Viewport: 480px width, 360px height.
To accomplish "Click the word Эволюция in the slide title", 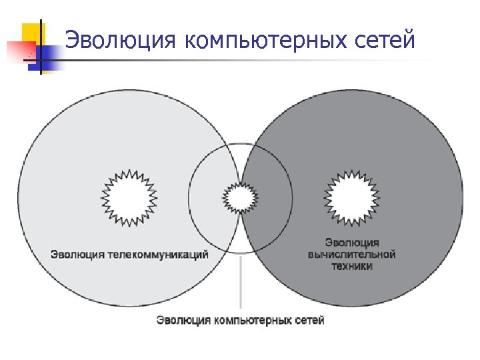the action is tap(121, 40).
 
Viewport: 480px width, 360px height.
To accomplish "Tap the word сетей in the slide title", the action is tap(387, 40).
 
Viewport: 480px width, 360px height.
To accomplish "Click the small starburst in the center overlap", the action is tap(240, 197).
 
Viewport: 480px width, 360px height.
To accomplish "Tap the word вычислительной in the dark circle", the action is tap(352, 254).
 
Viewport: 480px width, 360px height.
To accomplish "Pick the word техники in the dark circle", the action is tap(352, 266).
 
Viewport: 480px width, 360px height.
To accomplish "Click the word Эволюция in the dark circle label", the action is tap(352, 242).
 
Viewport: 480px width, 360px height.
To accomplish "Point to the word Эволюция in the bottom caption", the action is tap(183, 321).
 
